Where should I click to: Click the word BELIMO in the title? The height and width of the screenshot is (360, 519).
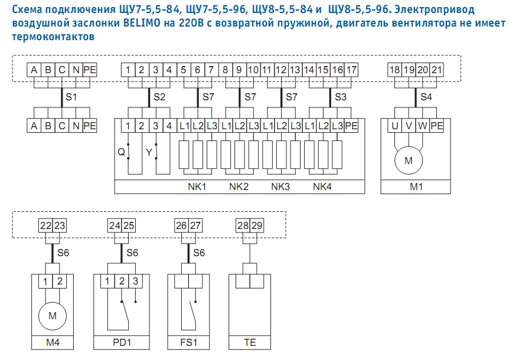pos(142,24)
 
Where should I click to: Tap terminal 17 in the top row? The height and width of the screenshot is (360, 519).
pos(351,70)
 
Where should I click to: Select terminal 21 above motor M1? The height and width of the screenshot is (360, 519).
pos(436,70)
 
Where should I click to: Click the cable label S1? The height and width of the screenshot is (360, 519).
pos(71,97)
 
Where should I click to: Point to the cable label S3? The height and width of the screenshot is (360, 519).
pos(341,97)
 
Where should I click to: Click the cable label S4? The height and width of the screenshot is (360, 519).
pos(426,97)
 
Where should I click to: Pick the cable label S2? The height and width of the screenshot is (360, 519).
pos(159,97)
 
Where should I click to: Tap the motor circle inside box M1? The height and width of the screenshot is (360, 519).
pos(409,161)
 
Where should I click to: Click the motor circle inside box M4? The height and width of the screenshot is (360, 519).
pos(53,316)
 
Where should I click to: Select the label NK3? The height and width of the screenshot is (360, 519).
pos(280,186)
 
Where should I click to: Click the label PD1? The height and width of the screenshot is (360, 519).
pos(122,342)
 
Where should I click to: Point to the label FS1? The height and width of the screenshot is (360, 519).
pos(189,342)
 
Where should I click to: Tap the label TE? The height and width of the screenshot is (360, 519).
pos(250,342)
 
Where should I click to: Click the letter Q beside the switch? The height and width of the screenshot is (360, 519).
pos(121,152)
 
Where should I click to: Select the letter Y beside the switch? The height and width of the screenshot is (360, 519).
pos(149,152)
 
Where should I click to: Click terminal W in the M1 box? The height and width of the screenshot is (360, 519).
pos(423,126)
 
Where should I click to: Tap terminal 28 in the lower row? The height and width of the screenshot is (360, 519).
pos(243,225)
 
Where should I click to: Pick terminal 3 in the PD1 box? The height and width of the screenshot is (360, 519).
pos(135,282)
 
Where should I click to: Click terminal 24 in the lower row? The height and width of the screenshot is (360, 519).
pos(115,225)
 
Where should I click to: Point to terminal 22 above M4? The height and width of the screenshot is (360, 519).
pos(45,225)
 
